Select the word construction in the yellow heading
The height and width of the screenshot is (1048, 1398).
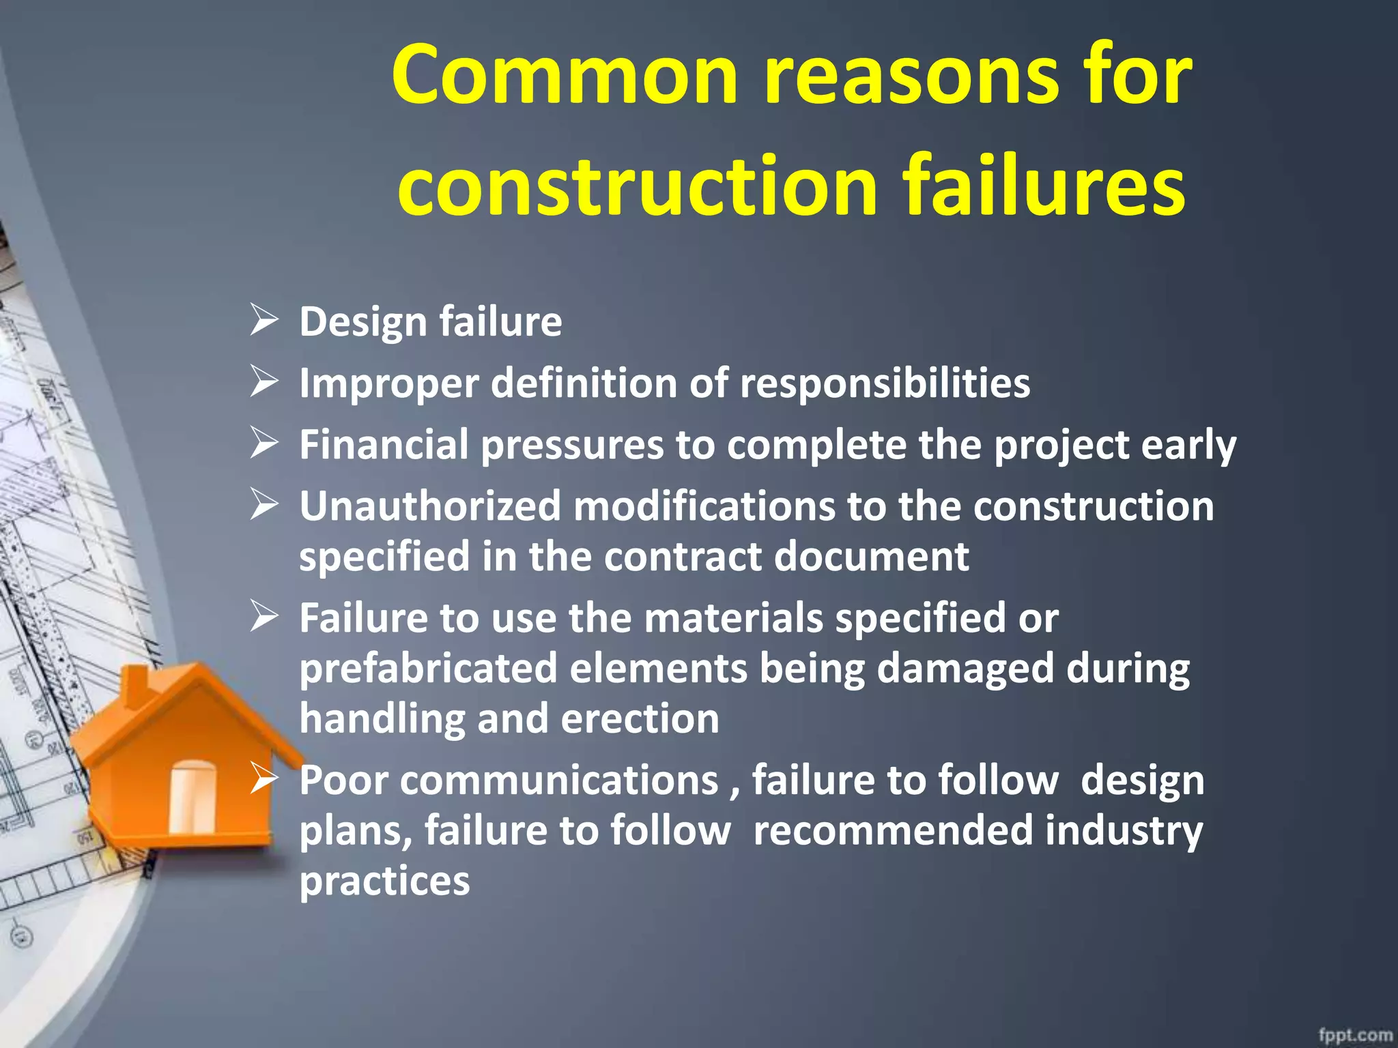[x=638, y=186]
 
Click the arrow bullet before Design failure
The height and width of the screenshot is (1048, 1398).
[x=263, y=320]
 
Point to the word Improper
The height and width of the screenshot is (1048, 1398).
[x=389, y=383]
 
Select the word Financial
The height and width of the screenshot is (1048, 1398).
[x=384, y=444]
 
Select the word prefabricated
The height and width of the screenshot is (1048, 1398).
[x=428, y=668]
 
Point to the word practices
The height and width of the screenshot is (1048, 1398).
[x=384, y=881]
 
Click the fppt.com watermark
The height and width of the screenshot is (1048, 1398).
[x=1355, y=1034]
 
